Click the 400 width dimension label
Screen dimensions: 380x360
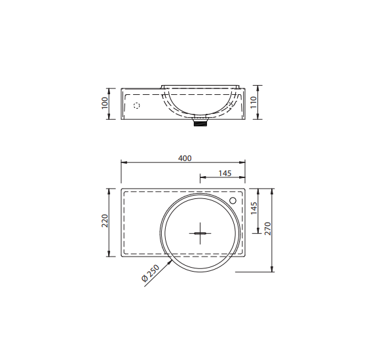[185, 158]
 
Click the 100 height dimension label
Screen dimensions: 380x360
[104, 103]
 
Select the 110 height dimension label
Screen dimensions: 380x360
[254, 102]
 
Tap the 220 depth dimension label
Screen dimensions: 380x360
[105, 221]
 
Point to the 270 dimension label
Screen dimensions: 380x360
[267, 228]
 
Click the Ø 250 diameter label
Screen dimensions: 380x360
[150, 273]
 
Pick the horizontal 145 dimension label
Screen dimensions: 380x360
[225, 173]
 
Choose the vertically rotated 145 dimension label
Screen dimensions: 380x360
[254, 208]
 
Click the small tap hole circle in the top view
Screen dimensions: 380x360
[233, 200]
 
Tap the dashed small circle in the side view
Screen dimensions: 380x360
[137, 105]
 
